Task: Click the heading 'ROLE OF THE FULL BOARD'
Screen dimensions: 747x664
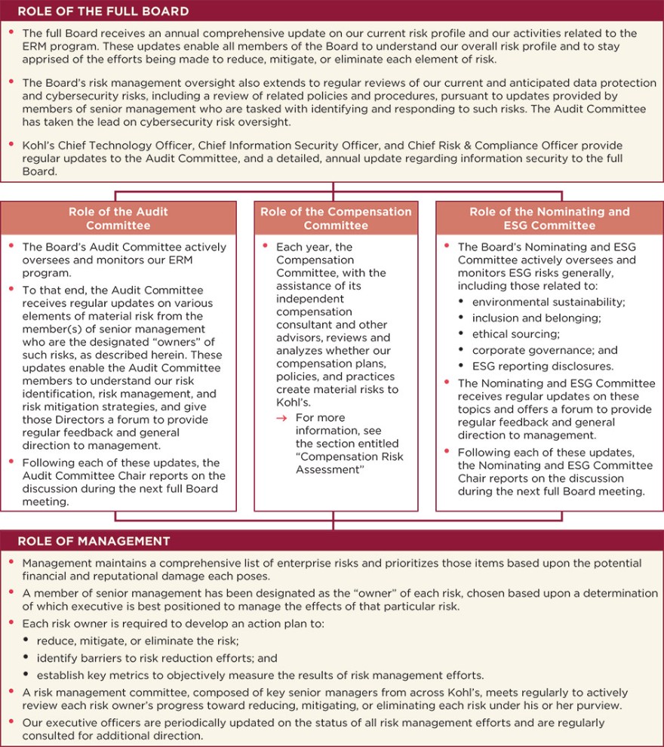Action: [103, 11]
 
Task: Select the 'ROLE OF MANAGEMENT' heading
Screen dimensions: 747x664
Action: [94, 541]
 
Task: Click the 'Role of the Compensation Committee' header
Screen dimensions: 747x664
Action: [336, 219]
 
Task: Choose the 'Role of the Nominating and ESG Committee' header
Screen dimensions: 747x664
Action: [549, 219]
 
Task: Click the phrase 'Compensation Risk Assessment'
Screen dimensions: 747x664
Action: [349, 463]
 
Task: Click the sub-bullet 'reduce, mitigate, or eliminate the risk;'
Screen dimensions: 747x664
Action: [138, 641]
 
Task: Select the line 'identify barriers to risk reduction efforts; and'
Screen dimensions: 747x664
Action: [157, 658]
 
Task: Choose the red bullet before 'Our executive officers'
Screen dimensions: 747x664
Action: [11, 721]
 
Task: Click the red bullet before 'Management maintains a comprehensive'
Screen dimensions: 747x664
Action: [11, 562]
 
